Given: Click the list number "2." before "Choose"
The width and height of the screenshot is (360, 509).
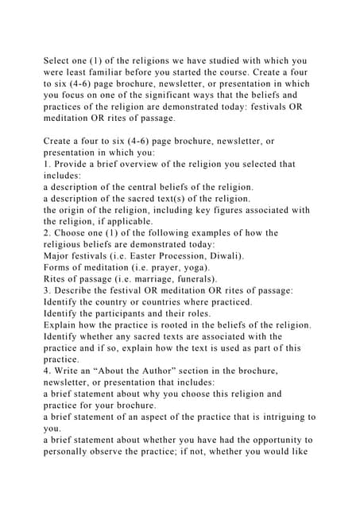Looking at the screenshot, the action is pos(48,233).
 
